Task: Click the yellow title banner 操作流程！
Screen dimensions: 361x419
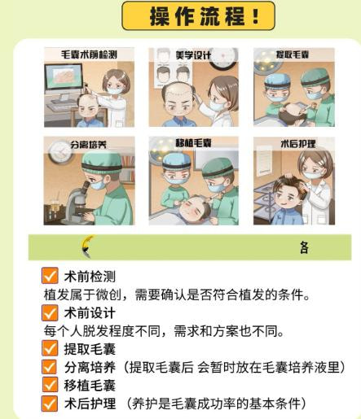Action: (x=198, y=15)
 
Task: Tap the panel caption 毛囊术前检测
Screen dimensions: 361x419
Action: (x=89, y=55)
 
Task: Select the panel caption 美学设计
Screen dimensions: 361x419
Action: (x=193, y=55)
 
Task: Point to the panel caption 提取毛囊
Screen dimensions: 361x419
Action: (x=293, y=55)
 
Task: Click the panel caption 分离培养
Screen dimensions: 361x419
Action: (x=88, y=145)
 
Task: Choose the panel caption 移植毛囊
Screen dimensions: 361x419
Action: (x=193, y=143)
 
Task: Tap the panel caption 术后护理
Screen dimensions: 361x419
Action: (x=298, y=143)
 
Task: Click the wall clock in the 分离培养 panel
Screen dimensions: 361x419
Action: (x=60, y=152)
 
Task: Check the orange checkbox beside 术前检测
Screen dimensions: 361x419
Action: (x=50, y=276)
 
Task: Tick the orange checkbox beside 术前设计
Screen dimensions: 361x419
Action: (x=50, y=312)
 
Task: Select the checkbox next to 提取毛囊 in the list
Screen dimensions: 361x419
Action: (x=50, y=348)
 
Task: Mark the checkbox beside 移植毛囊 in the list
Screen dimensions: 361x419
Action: (x=50, y=385)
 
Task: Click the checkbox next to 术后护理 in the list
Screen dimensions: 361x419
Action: (x=50, y=404)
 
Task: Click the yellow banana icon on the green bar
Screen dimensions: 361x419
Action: (x=86, y=247)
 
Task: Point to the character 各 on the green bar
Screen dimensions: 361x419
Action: (x=304, y=247)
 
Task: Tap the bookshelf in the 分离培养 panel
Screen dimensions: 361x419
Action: (x=127, y=168)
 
